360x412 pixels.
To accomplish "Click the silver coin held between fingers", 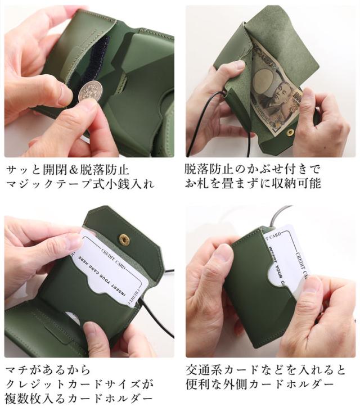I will (89, 90).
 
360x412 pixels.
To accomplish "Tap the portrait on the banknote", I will (272, 99).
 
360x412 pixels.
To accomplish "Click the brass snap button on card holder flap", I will (124, 239).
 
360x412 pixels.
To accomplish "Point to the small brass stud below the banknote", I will (291, 133).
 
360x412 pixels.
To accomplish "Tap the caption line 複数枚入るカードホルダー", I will (78, 399).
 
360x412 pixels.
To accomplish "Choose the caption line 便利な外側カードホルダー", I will (253, 384).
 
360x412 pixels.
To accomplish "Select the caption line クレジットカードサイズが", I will (78, 384).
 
